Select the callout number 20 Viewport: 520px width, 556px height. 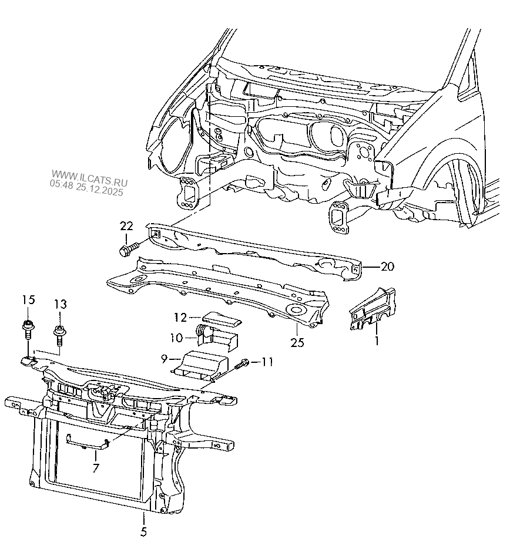[387, 267]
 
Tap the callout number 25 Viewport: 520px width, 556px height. [297, 342]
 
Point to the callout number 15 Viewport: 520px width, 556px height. [29, 300]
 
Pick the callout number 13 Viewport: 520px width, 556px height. [61, 304]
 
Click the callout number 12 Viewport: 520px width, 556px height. [180, 318]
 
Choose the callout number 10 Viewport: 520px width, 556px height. [176, 338]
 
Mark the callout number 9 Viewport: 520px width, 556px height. [163, 359]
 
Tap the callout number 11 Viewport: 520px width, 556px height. [267, 362]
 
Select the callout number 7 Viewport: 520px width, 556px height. [96, 468]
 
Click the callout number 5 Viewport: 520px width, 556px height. [143, 532]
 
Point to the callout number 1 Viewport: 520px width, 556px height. [377, 341]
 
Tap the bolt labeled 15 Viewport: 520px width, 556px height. [27, 329]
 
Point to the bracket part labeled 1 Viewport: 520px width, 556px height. [373, 309]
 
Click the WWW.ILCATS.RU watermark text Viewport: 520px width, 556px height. [89, 178]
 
